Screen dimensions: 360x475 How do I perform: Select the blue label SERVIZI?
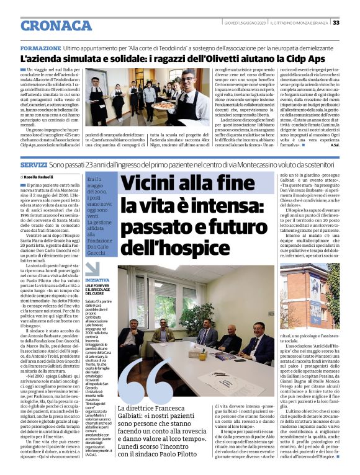coord(34,166)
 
